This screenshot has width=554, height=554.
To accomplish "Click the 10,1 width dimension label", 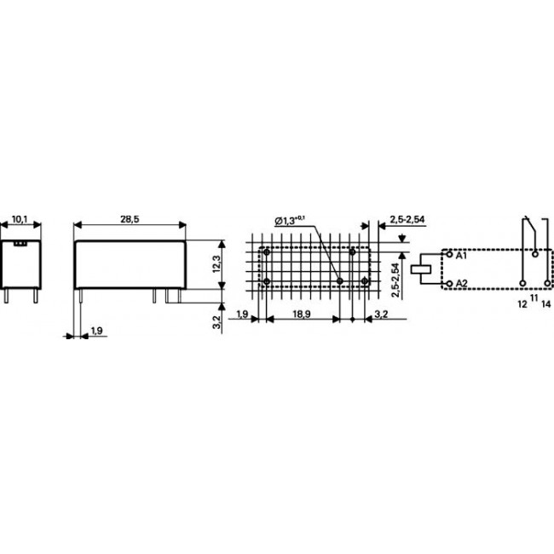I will (x=19, y=219).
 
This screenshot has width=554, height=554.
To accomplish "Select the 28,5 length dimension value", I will (x=130, y=219).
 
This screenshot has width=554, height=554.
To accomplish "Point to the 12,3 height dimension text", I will (x=216, y=263).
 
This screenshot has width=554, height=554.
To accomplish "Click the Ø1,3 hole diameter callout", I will (x=290, y=221).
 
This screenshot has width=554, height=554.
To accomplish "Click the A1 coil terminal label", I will (x=462, y=256).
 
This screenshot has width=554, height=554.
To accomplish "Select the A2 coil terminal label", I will (x=462, y=282).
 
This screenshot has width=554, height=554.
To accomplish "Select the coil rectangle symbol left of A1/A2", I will (x=422, y=268).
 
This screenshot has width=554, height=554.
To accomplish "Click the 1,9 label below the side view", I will (x=96, y=330).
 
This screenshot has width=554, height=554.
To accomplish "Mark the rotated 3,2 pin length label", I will (x=216, y=321).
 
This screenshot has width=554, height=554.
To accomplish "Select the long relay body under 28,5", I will (x=130, y=263).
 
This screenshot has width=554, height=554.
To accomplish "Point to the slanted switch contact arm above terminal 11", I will (x=530, y=232).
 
